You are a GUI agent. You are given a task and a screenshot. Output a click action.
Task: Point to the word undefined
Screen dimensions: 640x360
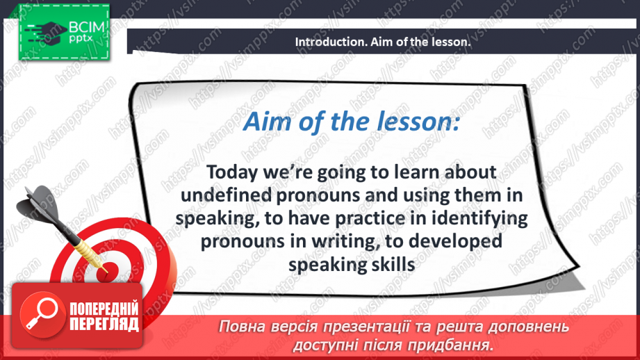[x=226, y=195]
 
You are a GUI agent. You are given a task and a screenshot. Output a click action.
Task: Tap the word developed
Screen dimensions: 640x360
[x=455, y=242]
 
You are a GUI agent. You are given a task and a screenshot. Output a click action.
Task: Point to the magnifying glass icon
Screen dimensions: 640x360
[x=42, y=313]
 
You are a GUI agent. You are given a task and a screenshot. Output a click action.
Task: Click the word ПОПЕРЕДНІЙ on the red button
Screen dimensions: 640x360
[x=104, y=309]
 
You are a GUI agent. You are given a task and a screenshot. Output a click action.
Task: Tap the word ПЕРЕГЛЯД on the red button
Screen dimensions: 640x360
[x=104, y=325]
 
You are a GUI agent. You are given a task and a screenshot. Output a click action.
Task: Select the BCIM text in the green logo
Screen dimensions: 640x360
[x=87, y=27]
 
